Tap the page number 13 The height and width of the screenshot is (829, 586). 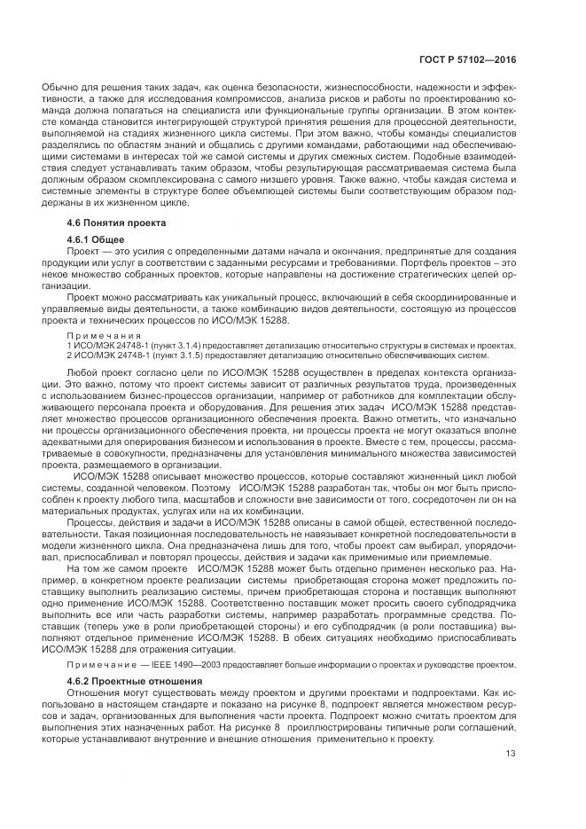pyautogui.click(x=511, y=755)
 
